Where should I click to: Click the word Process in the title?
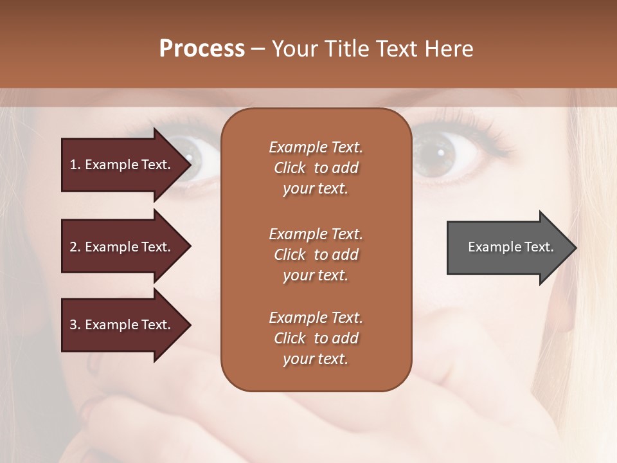click(202, 49)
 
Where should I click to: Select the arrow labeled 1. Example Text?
click(122, 165)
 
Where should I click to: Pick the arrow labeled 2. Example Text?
click(122, 247)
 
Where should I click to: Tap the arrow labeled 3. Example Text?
click(122, 325)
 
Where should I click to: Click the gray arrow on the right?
click(508, 247)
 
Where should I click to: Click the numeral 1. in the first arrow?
click(75, 165)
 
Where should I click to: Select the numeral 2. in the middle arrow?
click(75, 247)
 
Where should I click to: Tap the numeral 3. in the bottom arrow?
click(75, 325)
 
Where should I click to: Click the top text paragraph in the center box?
click(316, 168)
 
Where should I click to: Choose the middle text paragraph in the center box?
click(316, 254)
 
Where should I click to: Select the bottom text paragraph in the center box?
click(316, 338)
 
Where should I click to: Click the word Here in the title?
click(449, 49)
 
